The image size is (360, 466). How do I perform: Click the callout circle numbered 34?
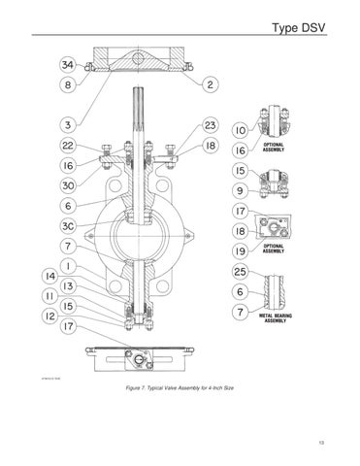(68, 65)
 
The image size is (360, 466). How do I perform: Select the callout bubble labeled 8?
(68, 84)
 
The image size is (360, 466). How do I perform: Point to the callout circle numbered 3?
(68, 124)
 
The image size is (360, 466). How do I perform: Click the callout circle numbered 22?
(68, 146)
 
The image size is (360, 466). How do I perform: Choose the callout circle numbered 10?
(238, 130)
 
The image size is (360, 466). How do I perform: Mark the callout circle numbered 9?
(238, 190)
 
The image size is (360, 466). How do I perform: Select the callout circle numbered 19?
(238, 250)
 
